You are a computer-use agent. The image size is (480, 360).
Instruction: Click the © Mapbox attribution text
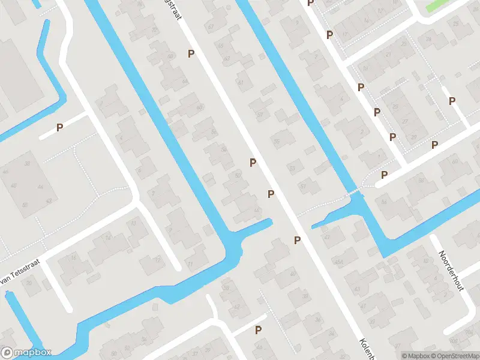coord(416,356)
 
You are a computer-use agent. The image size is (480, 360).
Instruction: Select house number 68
coord(200,107)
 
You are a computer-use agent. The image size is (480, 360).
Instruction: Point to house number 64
coord(184,81)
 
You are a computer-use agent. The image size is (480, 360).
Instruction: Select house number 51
coord(303,186)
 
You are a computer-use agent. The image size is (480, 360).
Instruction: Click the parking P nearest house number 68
coord(191,54)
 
